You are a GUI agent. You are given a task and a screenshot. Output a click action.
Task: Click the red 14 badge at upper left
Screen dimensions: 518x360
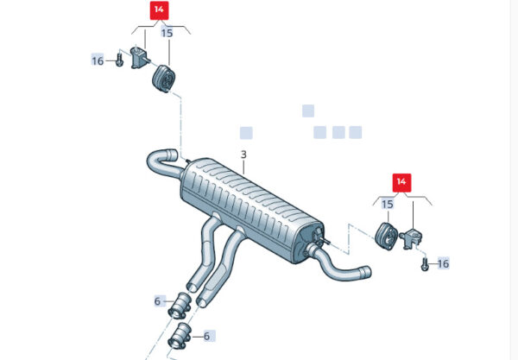click(159, 10)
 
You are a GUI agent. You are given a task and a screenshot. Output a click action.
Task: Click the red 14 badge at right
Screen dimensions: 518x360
click(401, 183)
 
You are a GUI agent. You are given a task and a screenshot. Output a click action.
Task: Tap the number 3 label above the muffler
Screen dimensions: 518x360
click(243, 155)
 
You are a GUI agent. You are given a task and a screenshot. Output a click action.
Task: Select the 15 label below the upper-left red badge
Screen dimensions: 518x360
click(167, 33)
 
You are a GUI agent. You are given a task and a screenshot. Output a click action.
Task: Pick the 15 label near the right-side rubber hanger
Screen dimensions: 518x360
click(388, 204)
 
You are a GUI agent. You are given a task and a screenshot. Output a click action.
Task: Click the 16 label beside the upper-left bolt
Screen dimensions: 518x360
click(98, 60)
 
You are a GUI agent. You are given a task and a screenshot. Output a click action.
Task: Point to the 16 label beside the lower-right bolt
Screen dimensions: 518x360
click(443, 263)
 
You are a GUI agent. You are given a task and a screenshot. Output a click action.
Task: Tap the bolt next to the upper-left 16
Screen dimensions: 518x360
click(119, 60)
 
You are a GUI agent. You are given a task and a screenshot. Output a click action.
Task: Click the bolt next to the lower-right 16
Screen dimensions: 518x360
click(425, 264)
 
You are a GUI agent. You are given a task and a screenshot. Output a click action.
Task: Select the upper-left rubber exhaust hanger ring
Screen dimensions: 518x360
click(163, 79)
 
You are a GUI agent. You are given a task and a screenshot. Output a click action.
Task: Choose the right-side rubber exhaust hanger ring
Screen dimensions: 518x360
click(388, 237)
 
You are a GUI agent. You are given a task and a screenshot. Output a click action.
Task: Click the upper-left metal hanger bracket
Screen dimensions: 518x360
click(139, 58)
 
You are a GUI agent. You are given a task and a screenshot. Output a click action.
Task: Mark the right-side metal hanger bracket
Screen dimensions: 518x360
click(411, 237)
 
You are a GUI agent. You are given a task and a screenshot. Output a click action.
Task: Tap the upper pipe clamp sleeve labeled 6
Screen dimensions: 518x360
click(180, 306)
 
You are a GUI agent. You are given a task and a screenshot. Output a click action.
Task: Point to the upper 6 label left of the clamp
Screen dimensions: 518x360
click(157, 301)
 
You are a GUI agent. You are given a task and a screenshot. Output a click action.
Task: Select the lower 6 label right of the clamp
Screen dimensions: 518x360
click(207, 336)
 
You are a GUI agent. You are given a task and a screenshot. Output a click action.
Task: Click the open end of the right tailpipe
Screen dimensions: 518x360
click(368, 272)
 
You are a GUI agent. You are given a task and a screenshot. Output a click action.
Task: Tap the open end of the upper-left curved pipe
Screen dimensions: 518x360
click(173, 155)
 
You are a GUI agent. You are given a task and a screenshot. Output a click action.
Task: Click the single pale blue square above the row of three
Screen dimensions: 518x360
click(308, 111)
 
